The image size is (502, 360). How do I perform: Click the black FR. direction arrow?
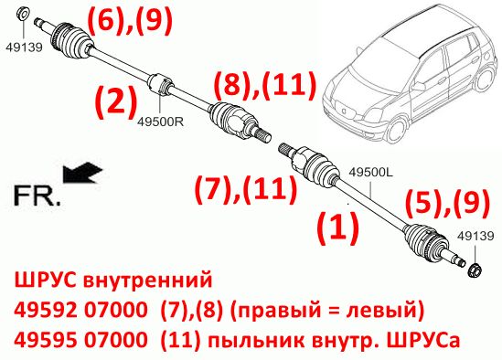(82, 173)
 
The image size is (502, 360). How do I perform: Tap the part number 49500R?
(161, 122)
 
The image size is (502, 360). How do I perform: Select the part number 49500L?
(370, 173)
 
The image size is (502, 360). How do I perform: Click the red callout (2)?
(116, 101)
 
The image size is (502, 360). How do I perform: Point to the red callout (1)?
(337, 227)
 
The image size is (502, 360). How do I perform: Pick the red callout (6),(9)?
(130, 20)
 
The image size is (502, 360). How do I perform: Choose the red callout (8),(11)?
(265, 85)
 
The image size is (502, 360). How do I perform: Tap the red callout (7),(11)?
(246, 188)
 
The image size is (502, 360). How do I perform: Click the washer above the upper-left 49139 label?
(23, 14)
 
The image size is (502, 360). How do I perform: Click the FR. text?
(37, 196)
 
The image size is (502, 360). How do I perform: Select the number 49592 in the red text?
(46, 310)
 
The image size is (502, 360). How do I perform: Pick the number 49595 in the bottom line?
(46, 340)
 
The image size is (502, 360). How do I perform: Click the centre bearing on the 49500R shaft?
(162, 84)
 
